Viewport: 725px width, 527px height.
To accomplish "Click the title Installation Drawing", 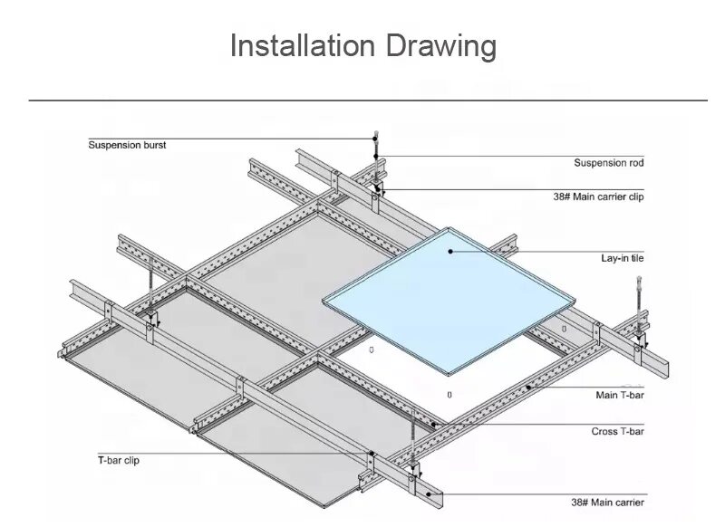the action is pos(362,46).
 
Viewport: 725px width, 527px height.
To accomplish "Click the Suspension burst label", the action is pos(127,145).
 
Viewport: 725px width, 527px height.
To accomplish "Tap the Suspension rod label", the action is pos(609,163).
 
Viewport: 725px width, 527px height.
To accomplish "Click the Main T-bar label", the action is pos(620,395).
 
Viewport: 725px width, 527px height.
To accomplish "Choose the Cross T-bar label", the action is pos(617,432).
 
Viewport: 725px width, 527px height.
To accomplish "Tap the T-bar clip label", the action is pos(119,460).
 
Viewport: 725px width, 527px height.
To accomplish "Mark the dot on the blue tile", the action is pos(449,250).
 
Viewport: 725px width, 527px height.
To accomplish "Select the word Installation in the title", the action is pos(302,46).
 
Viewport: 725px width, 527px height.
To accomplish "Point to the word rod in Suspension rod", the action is pos(634,163).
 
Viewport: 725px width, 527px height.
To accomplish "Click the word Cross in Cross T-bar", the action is pos(605,432).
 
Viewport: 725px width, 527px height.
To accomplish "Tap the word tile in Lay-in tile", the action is pos(636,259).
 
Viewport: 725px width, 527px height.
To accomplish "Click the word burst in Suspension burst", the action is pos(153,145).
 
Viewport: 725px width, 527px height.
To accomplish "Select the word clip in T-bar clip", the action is pos(130,460).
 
